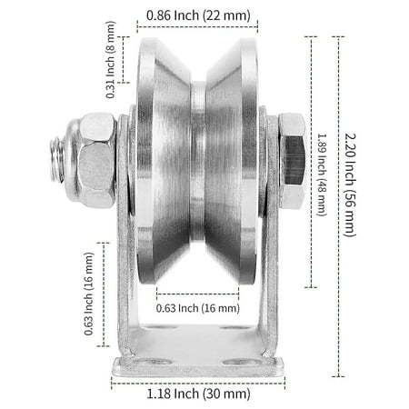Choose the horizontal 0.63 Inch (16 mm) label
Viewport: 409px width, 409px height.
[197, 306]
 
